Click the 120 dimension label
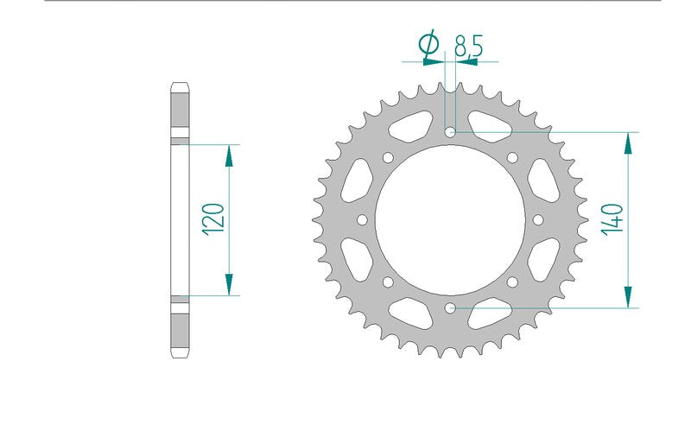point(213,219)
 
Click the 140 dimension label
point(613,219)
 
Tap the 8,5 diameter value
point(469,46)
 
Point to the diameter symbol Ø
point(428,45)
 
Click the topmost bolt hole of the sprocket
point(450,132)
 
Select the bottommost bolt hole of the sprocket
point(450,308)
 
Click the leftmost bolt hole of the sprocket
point(362,220)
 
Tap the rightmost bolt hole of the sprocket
point(538,220)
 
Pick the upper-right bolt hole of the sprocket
point(512,157)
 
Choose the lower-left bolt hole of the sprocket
point(388,282)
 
